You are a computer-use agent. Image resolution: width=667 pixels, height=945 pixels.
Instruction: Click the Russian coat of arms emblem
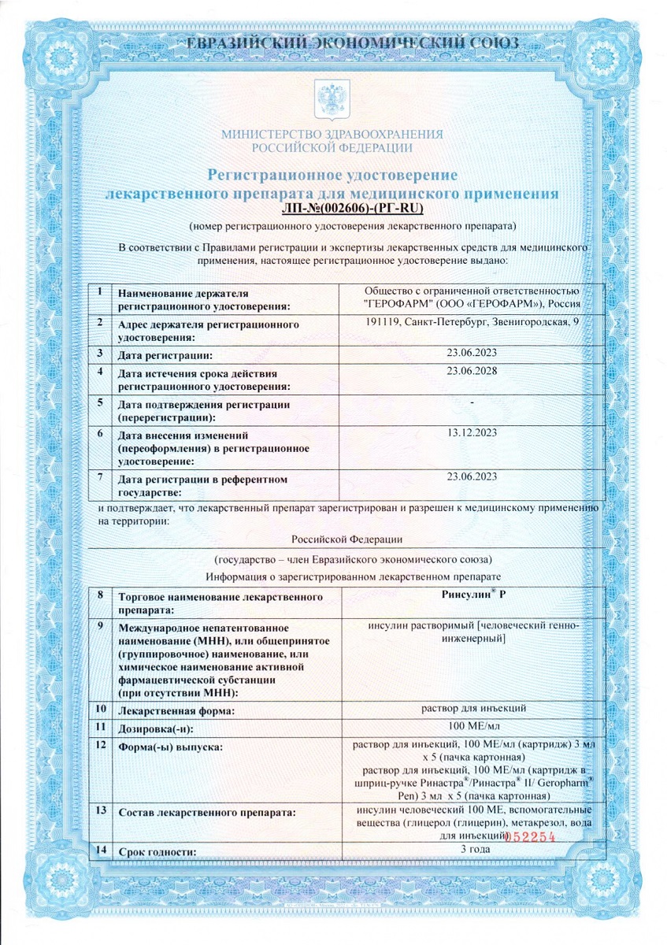tap(332, 99)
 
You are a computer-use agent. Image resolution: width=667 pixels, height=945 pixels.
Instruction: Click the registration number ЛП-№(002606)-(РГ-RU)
tap(351, 209)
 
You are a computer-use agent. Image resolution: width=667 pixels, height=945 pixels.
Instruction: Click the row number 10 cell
tap(101, 709)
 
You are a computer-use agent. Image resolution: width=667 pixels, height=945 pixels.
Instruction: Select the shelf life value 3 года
tap(474, 850)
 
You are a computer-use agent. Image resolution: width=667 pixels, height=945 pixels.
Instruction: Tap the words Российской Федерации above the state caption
tap(346, 539)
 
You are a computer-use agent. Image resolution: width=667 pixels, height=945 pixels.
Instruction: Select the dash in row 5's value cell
tap(471, 402)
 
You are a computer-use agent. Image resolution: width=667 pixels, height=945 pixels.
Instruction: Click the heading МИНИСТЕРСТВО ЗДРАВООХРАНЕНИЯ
tap(332, 135)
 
